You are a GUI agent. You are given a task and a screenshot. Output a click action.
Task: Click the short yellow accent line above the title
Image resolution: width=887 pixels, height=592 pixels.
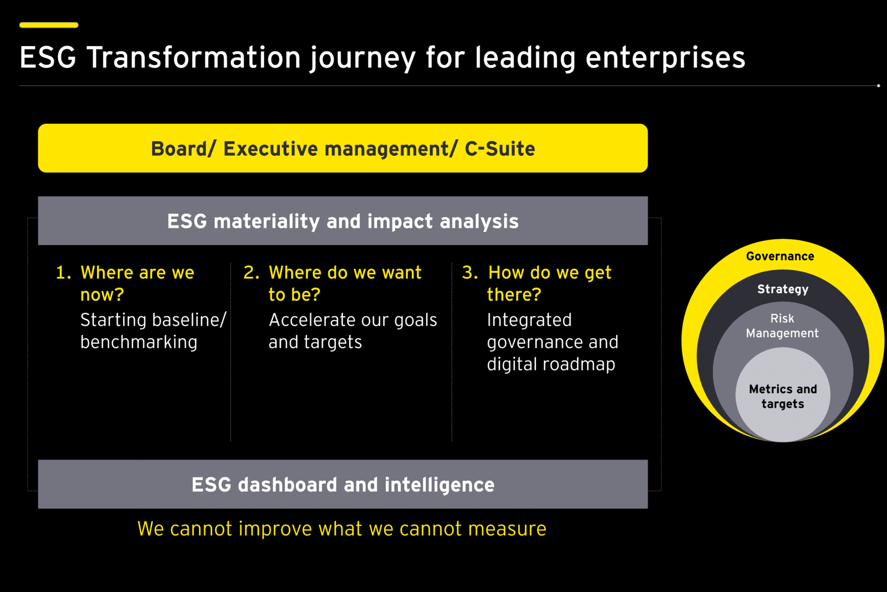(49, 25)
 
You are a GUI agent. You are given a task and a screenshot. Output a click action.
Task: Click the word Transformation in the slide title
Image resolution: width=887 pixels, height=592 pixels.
(194, 58)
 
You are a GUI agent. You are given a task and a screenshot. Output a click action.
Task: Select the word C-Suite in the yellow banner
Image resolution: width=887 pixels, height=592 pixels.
(500, 149)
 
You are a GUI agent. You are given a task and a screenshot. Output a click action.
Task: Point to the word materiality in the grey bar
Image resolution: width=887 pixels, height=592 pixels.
(267, 221)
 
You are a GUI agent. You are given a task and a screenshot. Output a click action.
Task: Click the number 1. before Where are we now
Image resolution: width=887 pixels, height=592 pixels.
(64, 272)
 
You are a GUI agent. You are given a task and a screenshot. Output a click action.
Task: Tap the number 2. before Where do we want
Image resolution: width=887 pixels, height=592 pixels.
(251, 272)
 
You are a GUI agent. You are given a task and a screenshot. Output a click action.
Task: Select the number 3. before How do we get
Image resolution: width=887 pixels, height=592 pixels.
(470, 272)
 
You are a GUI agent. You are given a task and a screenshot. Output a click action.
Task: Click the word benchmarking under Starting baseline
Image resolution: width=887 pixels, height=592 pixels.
(139, 342)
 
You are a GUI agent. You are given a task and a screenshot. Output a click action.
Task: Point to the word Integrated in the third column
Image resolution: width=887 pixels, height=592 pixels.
(529, 320)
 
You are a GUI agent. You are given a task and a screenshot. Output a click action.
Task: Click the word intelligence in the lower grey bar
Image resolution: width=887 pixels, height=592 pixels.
(440, 485)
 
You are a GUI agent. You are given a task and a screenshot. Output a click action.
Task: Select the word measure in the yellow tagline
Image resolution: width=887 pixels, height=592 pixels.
(507, 529)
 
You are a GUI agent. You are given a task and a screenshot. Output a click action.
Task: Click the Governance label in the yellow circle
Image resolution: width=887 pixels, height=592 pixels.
(780, 256)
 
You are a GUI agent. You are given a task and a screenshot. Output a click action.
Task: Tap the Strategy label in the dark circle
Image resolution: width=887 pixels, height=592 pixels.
(783, 289)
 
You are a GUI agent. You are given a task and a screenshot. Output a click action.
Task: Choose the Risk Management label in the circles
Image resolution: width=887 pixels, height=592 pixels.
(782, 326)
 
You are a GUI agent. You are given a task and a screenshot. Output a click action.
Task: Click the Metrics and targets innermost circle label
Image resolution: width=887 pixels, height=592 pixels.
(783, 396)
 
